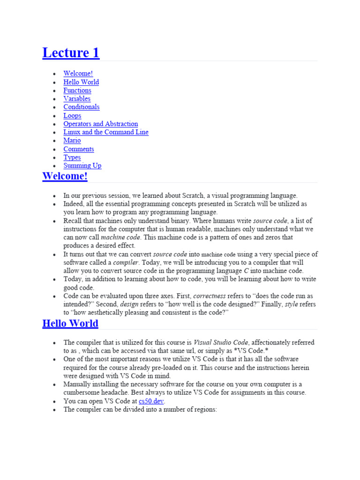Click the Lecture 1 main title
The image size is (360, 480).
click(x=71, y=53)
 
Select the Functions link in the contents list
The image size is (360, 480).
click(x=77, y=90)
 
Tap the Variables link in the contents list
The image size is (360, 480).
click(x=77, y=99)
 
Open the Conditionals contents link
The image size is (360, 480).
click(x=82, y=107)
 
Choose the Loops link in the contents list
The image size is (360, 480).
click(x=72, y=116)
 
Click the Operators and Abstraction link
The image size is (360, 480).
click(x=101, y=124)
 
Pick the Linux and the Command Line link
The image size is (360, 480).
click(x=106, y=132)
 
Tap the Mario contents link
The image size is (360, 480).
click(x=72, y=141)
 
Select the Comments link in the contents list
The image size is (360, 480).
click(x=79, y=149)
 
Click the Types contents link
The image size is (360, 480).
click(x=72, y=157)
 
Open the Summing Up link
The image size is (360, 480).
click(x=82, y=165)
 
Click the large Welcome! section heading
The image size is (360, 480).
click(x=65, y=177)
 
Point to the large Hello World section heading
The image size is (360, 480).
click(x=70, y=323)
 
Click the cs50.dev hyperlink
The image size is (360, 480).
click(x=152, y=401)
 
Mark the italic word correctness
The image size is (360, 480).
click(x=209, y=296)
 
